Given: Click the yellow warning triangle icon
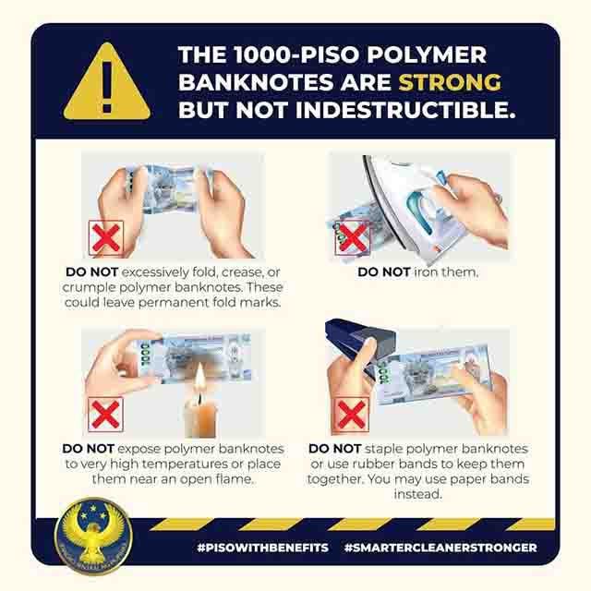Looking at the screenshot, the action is [107, 83].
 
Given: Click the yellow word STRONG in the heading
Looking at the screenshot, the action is [450, 82].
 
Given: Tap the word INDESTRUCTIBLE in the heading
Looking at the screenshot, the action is [405, 110].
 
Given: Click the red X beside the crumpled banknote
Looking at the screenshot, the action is [106, 238].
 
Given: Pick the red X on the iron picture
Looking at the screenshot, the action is [353, 237].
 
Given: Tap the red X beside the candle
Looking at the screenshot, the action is [105, 415].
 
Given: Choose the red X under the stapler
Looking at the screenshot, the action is [352, 415].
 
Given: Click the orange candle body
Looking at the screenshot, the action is [201, 417].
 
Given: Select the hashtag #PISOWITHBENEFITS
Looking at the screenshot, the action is [262, 548].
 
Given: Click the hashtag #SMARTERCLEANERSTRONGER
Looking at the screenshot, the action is [440, 548].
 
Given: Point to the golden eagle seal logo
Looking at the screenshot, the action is [93, 536].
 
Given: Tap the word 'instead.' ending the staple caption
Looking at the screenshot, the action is [417, 494].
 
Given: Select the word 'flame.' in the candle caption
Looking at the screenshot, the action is [234, 479].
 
